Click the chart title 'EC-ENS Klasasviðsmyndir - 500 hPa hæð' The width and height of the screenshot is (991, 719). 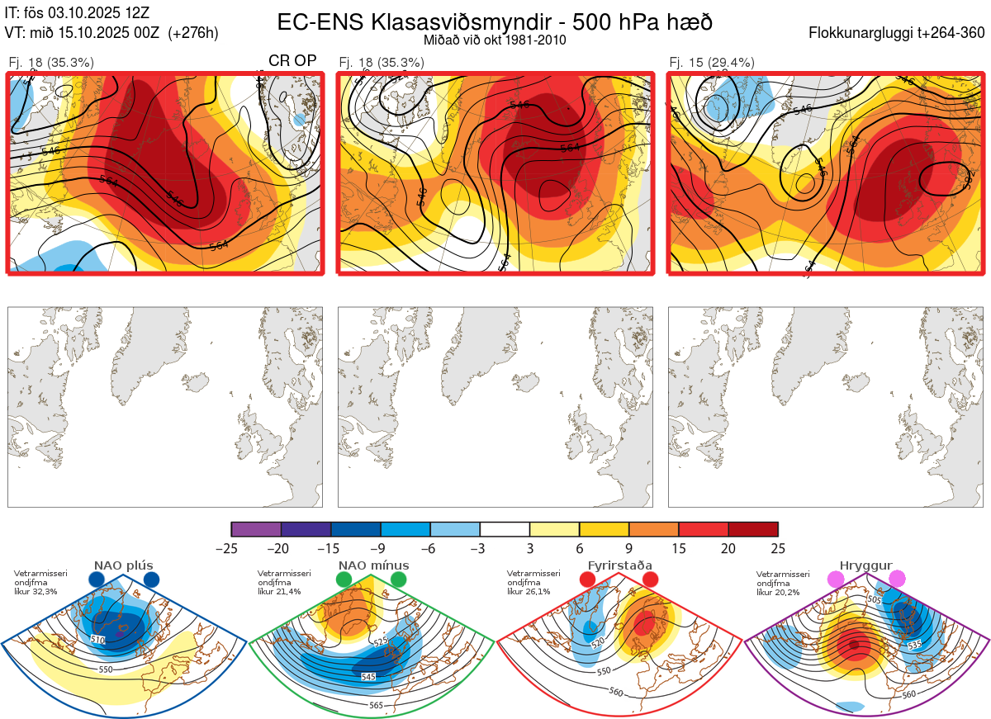point(495,21)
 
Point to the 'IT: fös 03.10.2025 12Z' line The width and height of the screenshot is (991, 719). point(77,13)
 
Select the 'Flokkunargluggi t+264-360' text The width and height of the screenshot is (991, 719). point(899,33)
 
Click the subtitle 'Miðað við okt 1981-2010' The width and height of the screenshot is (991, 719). point(495,40)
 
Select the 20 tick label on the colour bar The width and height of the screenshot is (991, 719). point(728,548)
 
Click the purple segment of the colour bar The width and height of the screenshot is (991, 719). point(256,530)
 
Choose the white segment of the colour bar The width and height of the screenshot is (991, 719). point(505,530)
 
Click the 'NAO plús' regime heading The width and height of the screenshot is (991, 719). point(124,565)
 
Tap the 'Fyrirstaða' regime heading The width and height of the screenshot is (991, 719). point(619,565)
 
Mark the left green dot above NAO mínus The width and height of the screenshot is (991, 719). point(344,580)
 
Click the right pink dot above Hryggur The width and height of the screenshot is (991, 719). point(896,579)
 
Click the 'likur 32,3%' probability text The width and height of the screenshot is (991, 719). point(36,592)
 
